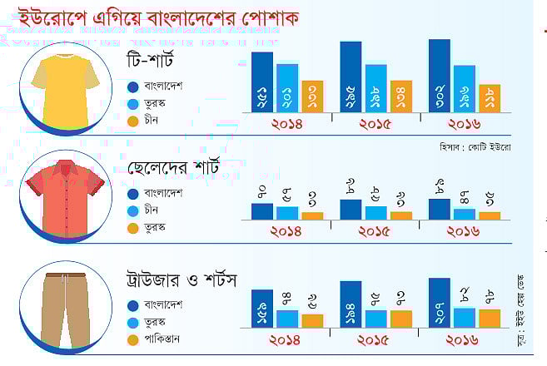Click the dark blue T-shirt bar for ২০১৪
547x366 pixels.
pyautogui.click(x=261, y=83)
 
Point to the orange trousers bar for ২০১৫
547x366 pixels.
pyautogui.click(x=400, y=319)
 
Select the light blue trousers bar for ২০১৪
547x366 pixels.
pyautogui.click(x=287, y=319)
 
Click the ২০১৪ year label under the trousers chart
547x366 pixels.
pyautogui.click(x=286, y=340)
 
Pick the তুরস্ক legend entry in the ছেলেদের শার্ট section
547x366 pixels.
pyautogui.click(x=157, y=227)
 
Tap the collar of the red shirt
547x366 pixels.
pyautogui.click(x=66, y=167)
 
